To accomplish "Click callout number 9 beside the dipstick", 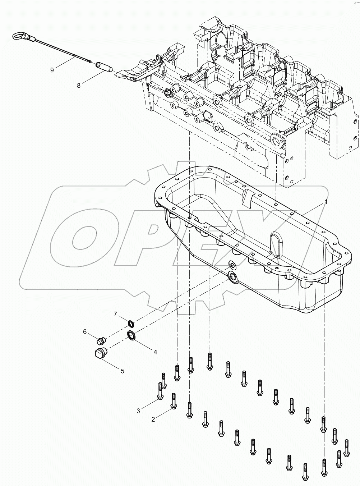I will (x=52, y=70).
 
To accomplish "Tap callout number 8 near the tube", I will (x=79, y=85).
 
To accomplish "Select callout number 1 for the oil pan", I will (x=326, y=202).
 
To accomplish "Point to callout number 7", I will (x=116, y=314).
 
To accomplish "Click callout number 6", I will (x=85, y=331).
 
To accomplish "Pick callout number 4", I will (x=155, y=352).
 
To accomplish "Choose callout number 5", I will (x=122, y=371).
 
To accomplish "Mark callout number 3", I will (x=138, y=411).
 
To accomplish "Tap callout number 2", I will (x=153, y=419).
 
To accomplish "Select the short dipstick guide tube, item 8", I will (x=103, y=67).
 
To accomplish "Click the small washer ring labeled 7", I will (x=131, y=322).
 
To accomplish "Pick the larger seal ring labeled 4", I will (x=132, y=335).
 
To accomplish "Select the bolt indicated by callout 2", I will (x=174, y=401).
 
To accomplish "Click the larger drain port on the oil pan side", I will (x=232, y=276).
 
